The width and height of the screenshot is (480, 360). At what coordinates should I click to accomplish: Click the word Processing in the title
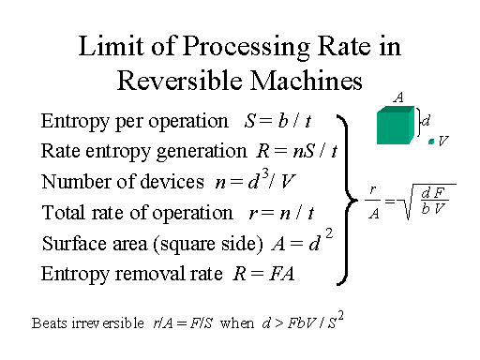click(246, 47)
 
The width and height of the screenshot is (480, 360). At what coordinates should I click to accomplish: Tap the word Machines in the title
click(307, 81)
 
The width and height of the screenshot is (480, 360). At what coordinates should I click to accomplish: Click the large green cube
click(396, 126)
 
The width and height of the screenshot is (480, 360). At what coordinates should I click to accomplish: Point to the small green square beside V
click(431, 142)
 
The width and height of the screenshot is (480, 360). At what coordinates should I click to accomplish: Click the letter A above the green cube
click(398, 97)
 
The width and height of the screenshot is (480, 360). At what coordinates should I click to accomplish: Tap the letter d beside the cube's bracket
click(426, 120)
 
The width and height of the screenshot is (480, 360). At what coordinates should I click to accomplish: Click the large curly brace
click(347, 200)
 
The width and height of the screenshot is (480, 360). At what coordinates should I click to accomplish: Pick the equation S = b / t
click(277, 121)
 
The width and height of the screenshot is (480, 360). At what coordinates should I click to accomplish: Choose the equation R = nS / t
click(297, 151)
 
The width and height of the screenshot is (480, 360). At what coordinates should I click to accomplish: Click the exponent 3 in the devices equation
click(265, 176)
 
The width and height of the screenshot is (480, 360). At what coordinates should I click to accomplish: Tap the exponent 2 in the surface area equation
click(329, 233)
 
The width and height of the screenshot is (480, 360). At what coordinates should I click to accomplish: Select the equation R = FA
click(264, 274)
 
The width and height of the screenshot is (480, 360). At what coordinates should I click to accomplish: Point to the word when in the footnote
click(237, 322)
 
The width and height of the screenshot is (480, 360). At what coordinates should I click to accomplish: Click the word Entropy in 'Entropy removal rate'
click(75, 275)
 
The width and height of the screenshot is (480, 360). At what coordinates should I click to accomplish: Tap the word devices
click(172, 182)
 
